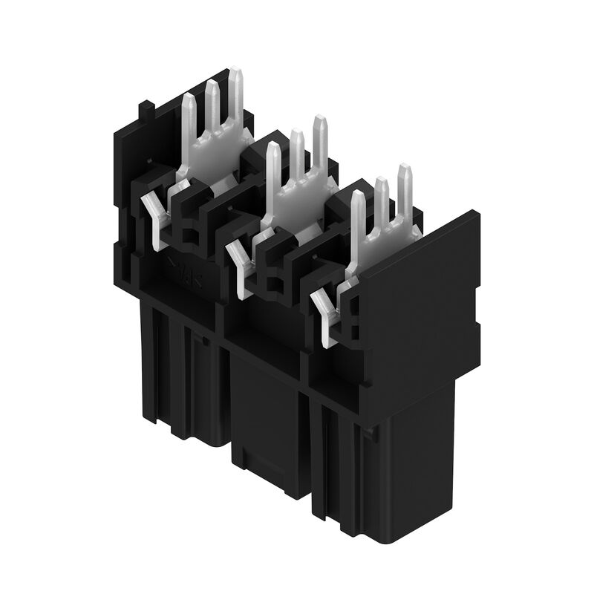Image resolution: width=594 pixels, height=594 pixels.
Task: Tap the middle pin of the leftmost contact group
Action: (x=212, y=104)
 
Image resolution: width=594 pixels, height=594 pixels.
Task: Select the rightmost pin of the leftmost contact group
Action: (x=235, y=93)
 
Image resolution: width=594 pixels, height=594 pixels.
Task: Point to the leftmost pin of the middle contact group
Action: (x=273, y=167)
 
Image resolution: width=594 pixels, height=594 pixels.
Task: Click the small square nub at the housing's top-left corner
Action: (x=147, y=111)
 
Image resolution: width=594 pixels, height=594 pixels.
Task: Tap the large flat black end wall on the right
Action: (x=420, y=297)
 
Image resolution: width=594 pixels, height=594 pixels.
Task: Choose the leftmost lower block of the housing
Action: (x=178, y=371)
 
